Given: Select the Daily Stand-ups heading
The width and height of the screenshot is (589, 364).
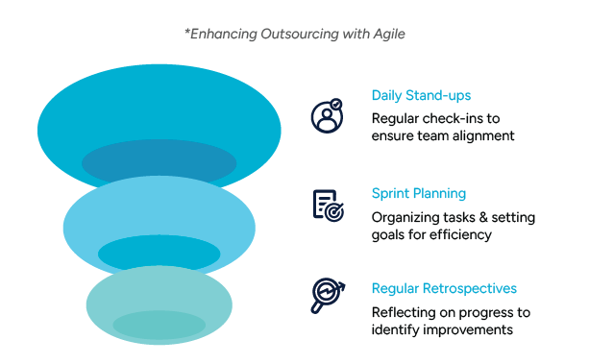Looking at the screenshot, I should (421, 96).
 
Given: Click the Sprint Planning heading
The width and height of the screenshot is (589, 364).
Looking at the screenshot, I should (419, 193).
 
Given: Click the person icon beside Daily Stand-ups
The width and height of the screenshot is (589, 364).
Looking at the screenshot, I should (326, 116).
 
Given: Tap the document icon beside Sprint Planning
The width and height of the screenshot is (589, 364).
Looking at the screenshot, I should (327, 205).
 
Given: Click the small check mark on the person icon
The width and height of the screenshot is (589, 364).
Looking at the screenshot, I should (335, 103).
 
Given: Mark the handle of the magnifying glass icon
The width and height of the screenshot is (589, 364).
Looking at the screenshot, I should (316, 307).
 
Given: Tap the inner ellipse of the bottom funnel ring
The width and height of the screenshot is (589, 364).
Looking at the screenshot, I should (159, 324).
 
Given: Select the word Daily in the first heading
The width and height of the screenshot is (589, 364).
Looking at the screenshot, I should (387, 96).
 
